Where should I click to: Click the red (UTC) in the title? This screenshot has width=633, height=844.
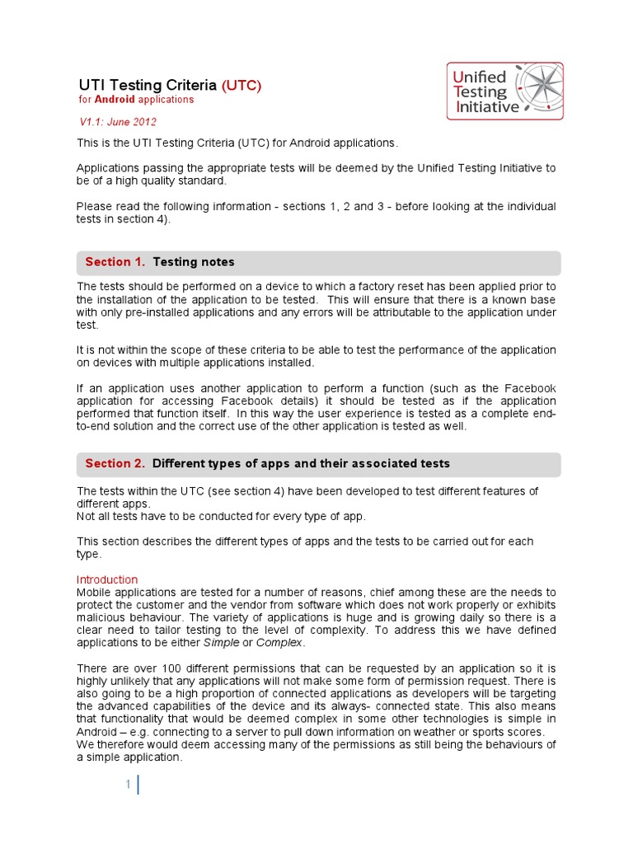tap(241, 85)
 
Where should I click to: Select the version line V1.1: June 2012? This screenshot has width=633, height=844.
tap(118, 122)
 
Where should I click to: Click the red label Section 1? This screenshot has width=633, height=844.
tap(115, 262)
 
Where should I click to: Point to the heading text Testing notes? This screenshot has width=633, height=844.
tap(194, 262)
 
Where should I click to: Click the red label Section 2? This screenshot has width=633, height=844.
tap(115, 463)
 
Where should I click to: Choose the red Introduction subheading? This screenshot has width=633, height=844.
tap(107, 579)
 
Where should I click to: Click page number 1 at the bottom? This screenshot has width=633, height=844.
tap(129, 785)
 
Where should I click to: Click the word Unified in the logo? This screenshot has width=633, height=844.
tap(481, 77)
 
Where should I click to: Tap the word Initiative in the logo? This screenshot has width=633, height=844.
tap(487, 106)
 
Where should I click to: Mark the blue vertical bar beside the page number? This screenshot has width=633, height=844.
tap(138, 785)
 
